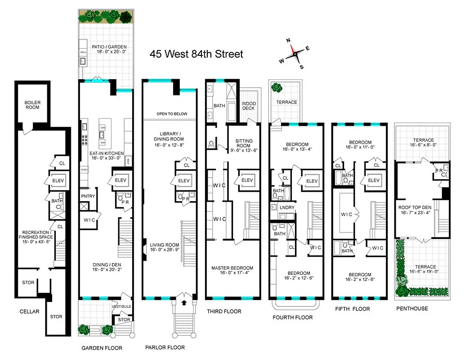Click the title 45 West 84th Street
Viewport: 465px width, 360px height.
(196, 54)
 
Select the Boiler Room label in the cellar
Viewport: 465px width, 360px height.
(32, 105)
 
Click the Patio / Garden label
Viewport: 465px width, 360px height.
(109, 47)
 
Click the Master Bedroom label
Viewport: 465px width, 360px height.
(232, 268)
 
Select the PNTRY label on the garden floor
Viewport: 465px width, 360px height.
(88, 196)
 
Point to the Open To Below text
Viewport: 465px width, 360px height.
(172, 114)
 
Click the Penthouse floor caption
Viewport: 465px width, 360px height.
(412, 309)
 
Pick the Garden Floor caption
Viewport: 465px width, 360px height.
(102, 348)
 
